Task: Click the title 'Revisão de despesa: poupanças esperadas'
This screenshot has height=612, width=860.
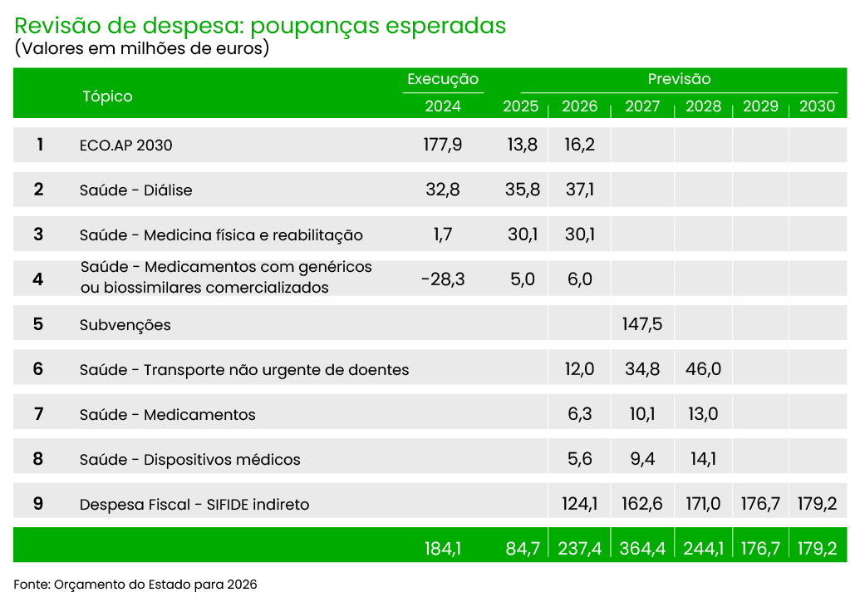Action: point(260,26)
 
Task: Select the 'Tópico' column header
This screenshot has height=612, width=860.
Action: point(107,96)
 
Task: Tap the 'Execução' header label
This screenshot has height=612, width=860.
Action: point(443,80)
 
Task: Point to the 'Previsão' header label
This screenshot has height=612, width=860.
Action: point(679,80)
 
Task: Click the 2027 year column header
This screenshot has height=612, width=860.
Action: point(641,106)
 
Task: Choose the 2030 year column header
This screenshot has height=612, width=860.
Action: point(817,106)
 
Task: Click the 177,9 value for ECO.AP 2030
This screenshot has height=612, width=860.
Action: point(443,145)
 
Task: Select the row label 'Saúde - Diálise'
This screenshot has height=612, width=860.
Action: point(135,190)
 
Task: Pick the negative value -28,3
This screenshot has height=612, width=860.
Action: point(443,279)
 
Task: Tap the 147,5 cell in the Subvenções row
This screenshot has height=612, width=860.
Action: point(641,323)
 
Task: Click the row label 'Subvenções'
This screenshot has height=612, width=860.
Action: point(125,325)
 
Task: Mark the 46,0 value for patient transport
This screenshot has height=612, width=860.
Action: point(703,368)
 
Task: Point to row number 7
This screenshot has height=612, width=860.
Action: point(38,413)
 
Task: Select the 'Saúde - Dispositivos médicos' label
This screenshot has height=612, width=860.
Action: point(189,460)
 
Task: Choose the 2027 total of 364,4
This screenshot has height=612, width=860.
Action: point(641,549)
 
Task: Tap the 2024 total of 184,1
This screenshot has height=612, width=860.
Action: point(443,549)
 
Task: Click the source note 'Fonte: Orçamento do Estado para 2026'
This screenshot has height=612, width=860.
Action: point(135,585)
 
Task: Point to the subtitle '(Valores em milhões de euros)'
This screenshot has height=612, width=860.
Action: point(142,48)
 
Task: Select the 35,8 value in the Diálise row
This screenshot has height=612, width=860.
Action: point(523,190)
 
